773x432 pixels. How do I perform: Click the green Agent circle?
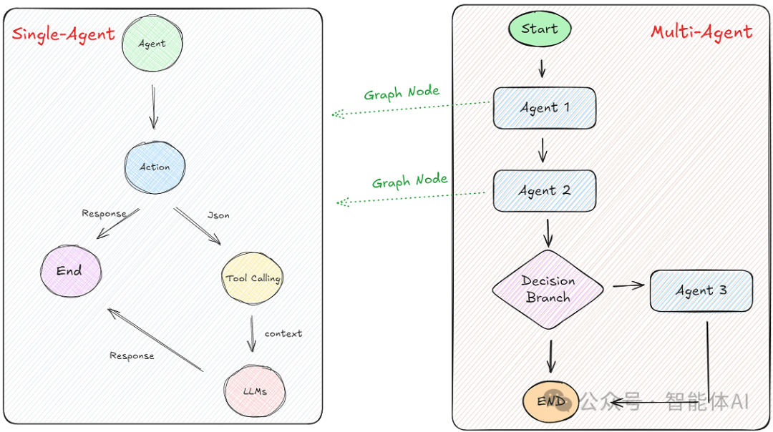tap(152, 43)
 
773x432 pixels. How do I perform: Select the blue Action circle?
tap(155, 167)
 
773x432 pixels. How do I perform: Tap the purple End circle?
tap(69, 270)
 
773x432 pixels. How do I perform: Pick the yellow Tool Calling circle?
tap(253, 278)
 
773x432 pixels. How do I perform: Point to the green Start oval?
tap(540, 29)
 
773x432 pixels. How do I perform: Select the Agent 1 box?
tap(545, 108)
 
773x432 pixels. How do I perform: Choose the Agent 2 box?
tap(545, 191)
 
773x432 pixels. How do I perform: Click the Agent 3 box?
tap(701, 290)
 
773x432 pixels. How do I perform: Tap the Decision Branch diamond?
tap(548, 290)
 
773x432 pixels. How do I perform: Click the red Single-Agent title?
tap(64, 34)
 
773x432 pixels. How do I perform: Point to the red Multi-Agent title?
tap(701, 32)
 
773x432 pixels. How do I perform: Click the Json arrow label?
tap(218, 215)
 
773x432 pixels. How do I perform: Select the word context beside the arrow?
tap(283, 333)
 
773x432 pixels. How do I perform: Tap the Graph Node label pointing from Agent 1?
tap(402, 93)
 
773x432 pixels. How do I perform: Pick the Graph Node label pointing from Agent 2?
tap(409, 181)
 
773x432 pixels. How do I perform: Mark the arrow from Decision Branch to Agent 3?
tap(628, 286)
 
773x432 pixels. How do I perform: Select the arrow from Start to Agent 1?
tap(542, 68)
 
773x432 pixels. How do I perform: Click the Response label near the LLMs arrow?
tap(132, 355)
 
